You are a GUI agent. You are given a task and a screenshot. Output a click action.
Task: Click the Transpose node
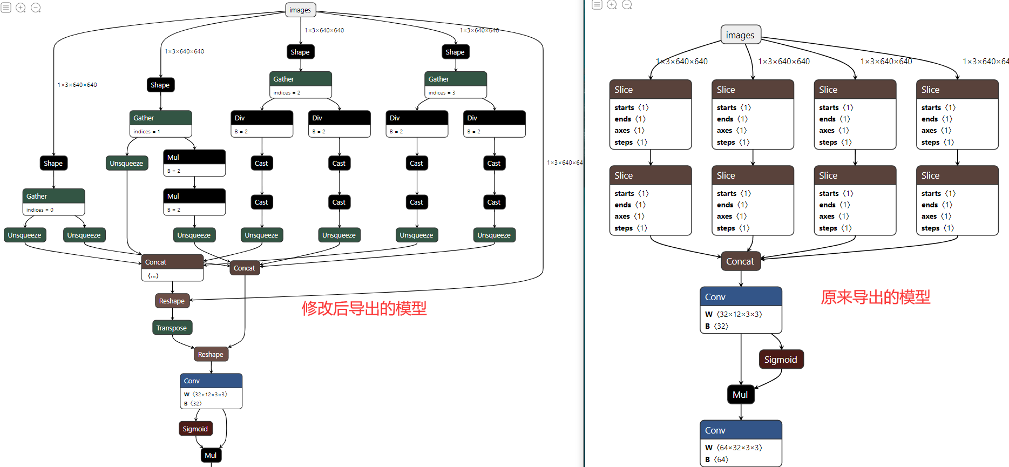click(x=172, y=328)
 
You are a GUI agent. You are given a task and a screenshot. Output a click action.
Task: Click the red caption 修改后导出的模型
click(x=364, y=308)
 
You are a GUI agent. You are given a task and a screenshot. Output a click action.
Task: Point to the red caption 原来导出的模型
click(x=875, y=297)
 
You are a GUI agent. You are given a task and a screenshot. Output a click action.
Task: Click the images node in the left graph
click(x=300, y=10)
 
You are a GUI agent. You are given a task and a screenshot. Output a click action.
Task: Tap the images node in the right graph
click(x=740, y=35)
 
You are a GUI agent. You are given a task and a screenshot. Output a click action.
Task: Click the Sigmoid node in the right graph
click(x=781, y=360)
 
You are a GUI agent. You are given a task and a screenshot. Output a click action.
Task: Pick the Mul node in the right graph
click(x=740, y=395)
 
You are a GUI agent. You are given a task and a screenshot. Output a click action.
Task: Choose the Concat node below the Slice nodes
click(x=740, y=261)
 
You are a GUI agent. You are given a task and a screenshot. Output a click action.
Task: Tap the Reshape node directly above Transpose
click(x=172, y=301)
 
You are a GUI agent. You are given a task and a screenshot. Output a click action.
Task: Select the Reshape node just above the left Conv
click(x=211, y=354)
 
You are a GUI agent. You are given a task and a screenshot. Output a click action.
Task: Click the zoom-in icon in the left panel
click(x=21, y=8)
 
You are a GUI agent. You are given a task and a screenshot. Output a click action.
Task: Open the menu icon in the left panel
click(x=6, y=8)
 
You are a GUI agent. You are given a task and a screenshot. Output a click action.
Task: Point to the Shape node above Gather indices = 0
click(x=53, y=163)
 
